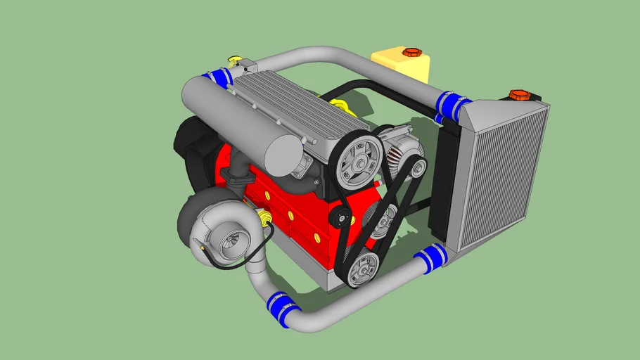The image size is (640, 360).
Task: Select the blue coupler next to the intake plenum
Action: point(218,76)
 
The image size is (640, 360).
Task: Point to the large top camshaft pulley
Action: point(359,161)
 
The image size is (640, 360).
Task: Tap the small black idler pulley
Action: point(343,217)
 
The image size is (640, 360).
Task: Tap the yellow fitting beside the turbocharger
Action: point(265,219)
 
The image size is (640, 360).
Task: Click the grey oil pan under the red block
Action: point(331,278)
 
